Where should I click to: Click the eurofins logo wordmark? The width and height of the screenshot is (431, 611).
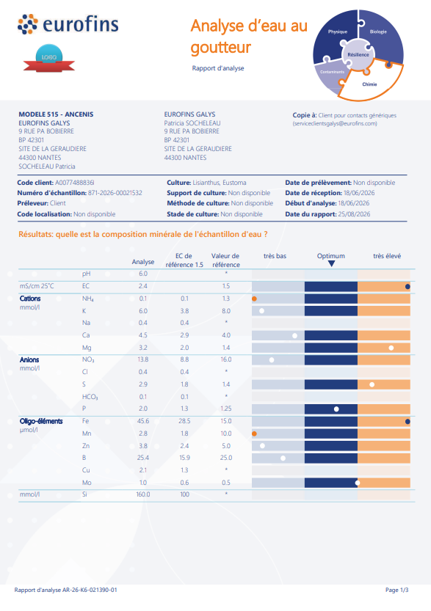tap(80, 24)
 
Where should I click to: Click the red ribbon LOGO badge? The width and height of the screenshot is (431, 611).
tap(48, 59)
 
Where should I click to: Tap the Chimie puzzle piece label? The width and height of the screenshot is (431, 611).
tap(369, 84)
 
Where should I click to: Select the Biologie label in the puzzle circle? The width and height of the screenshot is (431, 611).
tap(378, 32)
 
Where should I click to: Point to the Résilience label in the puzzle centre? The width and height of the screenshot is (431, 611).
tap(358, 54)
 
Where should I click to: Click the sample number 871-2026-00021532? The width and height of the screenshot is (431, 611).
tap(115, 193)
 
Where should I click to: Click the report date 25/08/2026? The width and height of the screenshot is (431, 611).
tap(354, 214)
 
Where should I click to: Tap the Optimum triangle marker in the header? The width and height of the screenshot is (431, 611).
tap(331, 264)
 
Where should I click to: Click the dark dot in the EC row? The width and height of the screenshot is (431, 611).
tap(408, 287)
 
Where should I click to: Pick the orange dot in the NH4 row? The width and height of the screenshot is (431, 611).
tap(254, 299)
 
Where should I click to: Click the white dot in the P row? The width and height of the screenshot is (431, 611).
tap(336, 409)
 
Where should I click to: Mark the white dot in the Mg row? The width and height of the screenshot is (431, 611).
tap(391, 348)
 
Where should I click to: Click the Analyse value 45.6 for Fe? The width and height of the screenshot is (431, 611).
tap(143, 421)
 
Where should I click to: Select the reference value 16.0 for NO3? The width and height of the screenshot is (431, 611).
tap(226, 359)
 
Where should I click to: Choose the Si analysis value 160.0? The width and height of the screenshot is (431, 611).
tap(143, 494)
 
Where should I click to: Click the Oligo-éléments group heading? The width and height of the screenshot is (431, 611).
tap(41, 421)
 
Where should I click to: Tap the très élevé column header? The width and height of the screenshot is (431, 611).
tap(387, 256)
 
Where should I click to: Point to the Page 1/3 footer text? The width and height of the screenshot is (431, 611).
tap(396, 590)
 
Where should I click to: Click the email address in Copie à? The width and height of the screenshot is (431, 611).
tap(335, 123)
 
